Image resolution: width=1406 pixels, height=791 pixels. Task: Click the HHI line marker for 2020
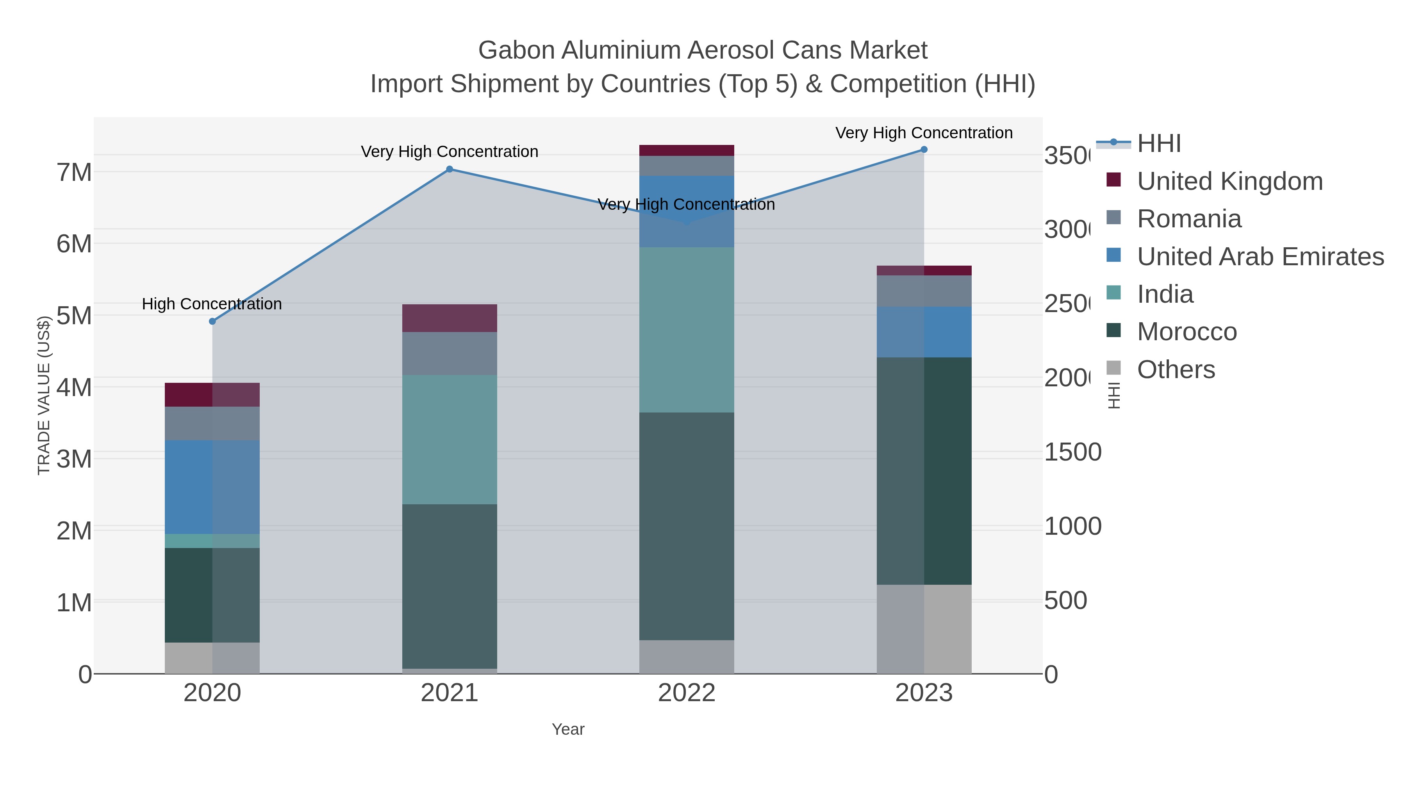212,321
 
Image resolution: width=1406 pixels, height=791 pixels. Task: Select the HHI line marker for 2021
449,169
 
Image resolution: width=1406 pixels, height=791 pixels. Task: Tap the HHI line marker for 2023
924,150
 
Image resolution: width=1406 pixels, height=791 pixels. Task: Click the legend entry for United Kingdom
1230,181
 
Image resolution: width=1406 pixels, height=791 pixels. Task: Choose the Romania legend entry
1189,219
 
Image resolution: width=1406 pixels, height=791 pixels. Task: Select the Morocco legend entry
1187,332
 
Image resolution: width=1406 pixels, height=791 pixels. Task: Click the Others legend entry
1176,370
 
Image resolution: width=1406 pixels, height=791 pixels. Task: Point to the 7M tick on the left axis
74,173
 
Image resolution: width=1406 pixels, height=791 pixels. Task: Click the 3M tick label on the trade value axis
74,459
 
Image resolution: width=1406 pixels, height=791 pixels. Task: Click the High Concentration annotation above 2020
212,304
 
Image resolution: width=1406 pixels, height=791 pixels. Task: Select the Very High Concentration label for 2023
924,133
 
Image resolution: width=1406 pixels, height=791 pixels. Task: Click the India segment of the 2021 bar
449,439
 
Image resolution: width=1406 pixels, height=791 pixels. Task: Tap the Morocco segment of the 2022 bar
686,526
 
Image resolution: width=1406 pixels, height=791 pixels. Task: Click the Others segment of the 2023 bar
924,629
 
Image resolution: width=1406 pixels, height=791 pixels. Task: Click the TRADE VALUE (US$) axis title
44,395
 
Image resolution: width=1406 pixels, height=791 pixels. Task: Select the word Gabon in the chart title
516,51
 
